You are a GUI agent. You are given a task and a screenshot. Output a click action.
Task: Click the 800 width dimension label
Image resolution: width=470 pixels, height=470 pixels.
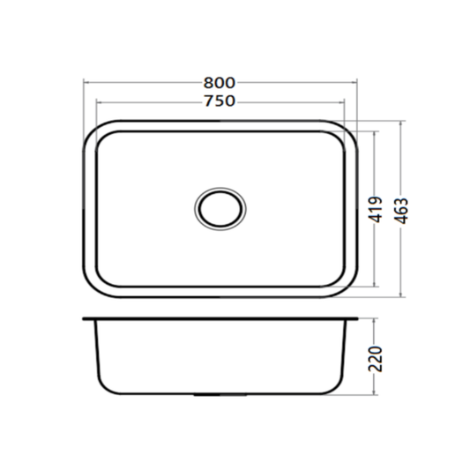220,83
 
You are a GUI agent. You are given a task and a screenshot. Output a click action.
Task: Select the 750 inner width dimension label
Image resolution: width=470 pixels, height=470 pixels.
220,101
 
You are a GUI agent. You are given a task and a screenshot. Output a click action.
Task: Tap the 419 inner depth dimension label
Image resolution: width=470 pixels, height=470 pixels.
376,210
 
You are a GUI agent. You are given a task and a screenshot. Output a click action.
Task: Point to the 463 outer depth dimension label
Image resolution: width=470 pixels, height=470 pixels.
401,211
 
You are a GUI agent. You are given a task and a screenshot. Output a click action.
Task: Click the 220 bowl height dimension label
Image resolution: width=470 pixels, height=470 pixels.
376,359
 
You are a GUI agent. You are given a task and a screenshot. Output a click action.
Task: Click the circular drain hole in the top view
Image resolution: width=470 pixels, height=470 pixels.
220,209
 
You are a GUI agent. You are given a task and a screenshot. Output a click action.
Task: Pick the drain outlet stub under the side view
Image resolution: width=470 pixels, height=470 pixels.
220,395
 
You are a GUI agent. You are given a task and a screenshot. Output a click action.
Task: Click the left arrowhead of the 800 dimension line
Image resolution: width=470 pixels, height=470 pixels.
86,82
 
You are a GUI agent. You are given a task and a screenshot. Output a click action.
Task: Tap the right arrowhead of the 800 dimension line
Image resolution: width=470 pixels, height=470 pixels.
354,82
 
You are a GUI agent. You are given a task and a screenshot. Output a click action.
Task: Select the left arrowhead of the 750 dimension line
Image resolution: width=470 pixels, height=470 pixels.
100,102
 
